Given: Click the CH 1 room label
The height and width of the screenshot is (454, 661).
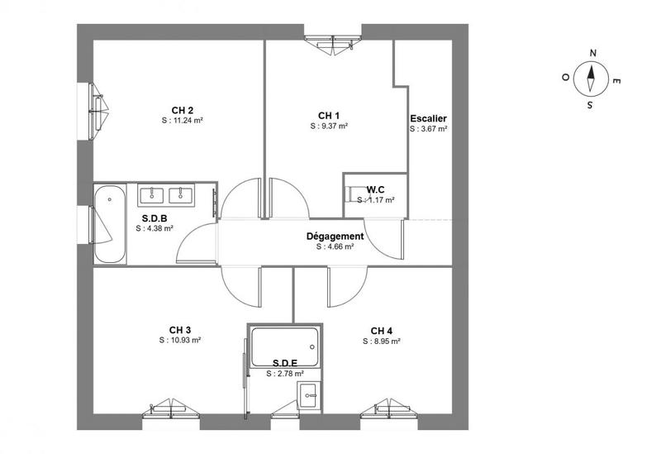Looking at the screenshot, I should pyautogui.click(x=329, y=115).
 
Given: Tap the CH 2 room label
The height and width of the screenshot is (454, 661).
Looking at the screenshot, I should pyautogui.click(x=183, y=110).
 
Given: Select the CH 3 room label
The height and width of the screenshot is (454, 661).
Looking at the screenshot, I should pyautogui.click(x=181, y=330).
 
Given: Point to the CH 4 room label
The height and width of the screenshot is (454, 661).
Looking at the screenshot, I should pyautogui.click(x=381, y=331).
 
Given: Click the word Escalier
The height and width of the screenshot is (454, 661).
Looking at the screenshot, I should pyautogui.click(x=428, y=118).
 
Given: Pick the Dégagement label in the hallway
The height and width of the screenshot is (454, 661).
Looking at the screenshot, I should pyautogui.click(x=335, y=236).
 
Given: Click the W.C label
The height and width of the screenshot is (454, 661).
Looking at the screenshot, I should pyautogui.click(x=376, y=189).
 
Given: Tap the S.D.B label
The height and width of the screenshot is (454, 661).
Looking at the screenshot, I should pyautogui.click(x=155, y=218).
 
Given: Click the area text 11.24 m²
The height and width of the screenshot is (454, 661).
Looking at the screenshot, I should pyautogui.click(x=183, y=120).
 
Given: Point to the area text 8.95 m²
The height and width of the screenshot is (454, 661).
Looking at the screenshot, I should pyautogui.click(x=381, y=341).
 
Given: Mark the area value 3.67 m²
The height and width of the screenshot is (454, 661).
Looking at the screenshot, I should pyautogui.click(x=428, y=129).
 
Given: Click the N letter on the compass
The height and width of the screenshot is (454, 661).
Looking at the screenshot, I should pyautogui.click(x=592, y=53).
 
